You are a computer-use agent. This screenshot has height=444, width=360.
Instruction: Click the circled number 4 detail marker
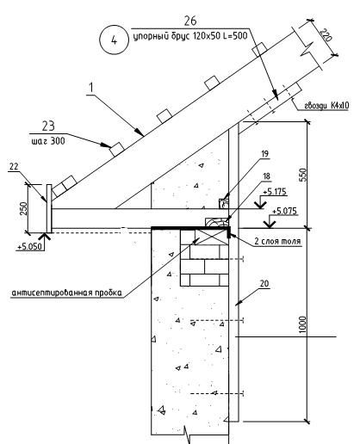pos(114,40)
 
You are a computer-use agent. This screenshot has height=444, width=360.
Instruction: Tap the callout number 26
pos(190,21)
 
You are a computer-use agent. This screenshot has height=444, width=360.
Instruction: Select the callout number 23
pos(48,126)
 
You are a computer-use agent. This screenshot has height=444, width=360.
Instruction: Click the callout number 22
pos(14,167)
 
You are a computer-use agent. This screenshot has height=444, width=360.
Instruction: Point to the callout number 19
pos(264,154)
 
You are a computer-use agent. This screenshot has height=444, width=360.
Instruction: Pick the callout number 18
pos(266,176)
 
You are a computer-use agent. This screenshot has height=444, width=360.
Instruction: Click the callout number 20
pos(264,284)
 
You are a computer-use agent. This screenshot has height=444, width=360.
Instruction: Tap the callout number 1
pos(91,88)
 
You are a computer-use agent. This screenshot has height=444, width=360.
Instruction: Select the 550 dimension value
pos(303,175)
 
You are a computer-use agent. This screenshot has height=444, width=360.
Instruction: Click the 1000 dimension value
pos(303,324)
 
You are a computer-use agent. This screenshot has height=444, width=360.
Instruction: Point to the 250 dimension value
pos(24,209)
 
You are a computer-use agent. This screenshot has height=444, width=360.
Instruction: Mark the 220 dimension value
pos(326,35)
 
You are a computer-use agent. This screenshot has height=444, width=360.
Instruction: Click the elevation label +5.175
pos(275,191)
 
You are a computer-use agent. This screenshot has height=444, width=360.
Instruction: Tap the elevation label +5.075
pos(284,212)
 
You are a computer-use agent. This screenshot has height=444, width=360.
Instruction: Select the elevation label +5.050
pos(29,247)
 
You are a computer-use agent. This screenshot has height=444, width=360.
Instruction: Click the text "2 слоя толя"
pos(278,241)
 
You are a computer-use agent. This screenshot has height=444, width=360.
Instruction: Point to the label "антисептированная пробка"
pos(66,293)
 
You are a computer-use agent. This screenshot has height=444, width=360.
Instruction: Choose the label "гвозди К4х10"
pos(326,106)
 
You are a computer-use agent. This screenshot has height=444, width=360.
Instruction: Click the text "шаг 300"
pos(48,141)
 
